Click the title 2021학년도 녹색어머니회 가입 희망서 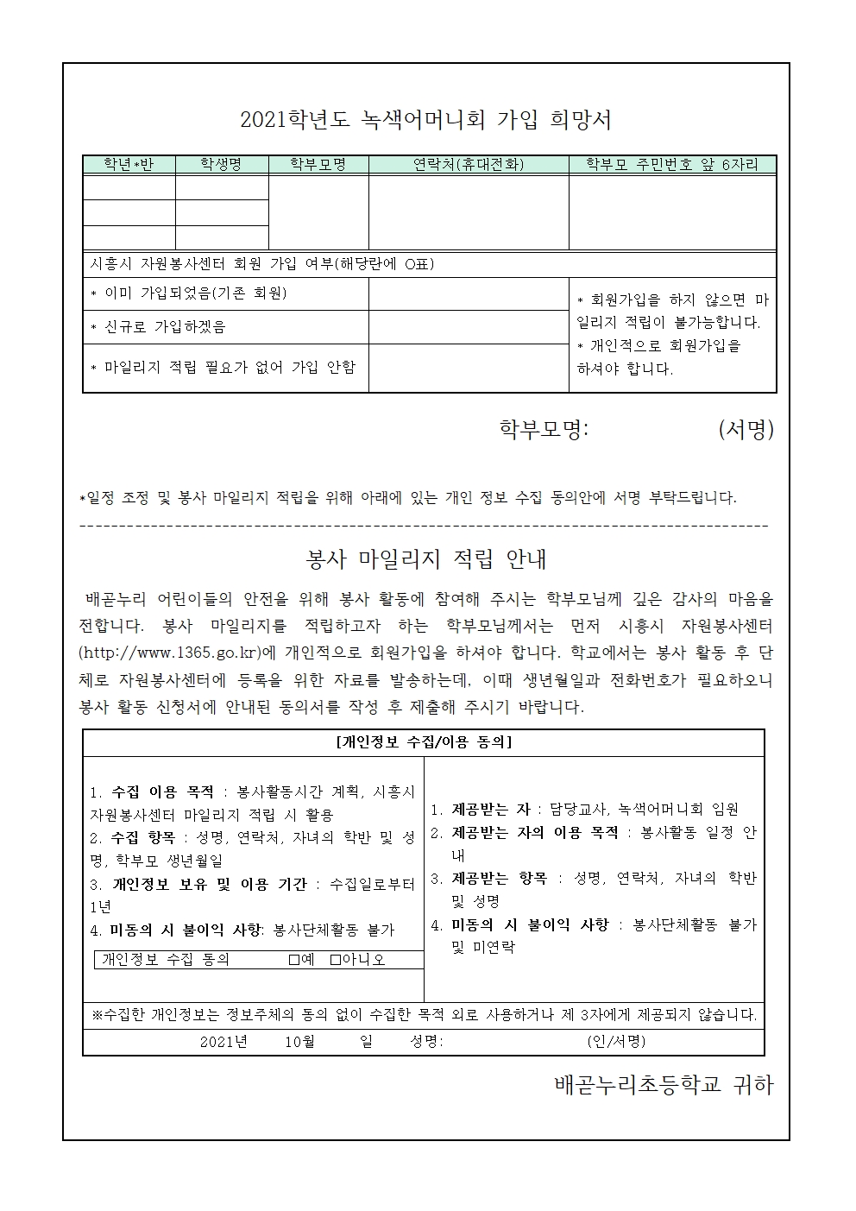(426, 120)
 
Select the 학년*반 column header (129, 164)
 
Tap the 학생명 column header (222, 164)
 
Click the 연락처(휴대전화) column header (469, 164)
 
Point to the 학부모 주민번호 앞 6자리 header (672, 164)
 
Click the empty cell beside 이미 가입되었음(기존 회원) (469, 294)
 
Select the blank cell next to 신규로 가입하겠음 (469, 327)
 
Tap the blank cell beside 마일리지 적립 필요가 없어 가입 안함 (469, 368)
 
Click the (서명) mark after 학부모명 (746, 430)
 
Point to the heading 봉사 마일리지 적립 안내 (426, 559)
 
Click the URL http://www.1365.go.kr (175, 652)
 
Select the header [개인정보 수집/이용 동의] (423, 742)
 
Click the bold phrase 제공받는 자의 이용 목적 (535, 833)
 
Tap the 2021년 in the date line (223, 1042)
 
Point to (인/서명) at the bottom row (616, 1042)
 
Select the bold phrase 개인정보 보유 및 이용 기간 (210, 884)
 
